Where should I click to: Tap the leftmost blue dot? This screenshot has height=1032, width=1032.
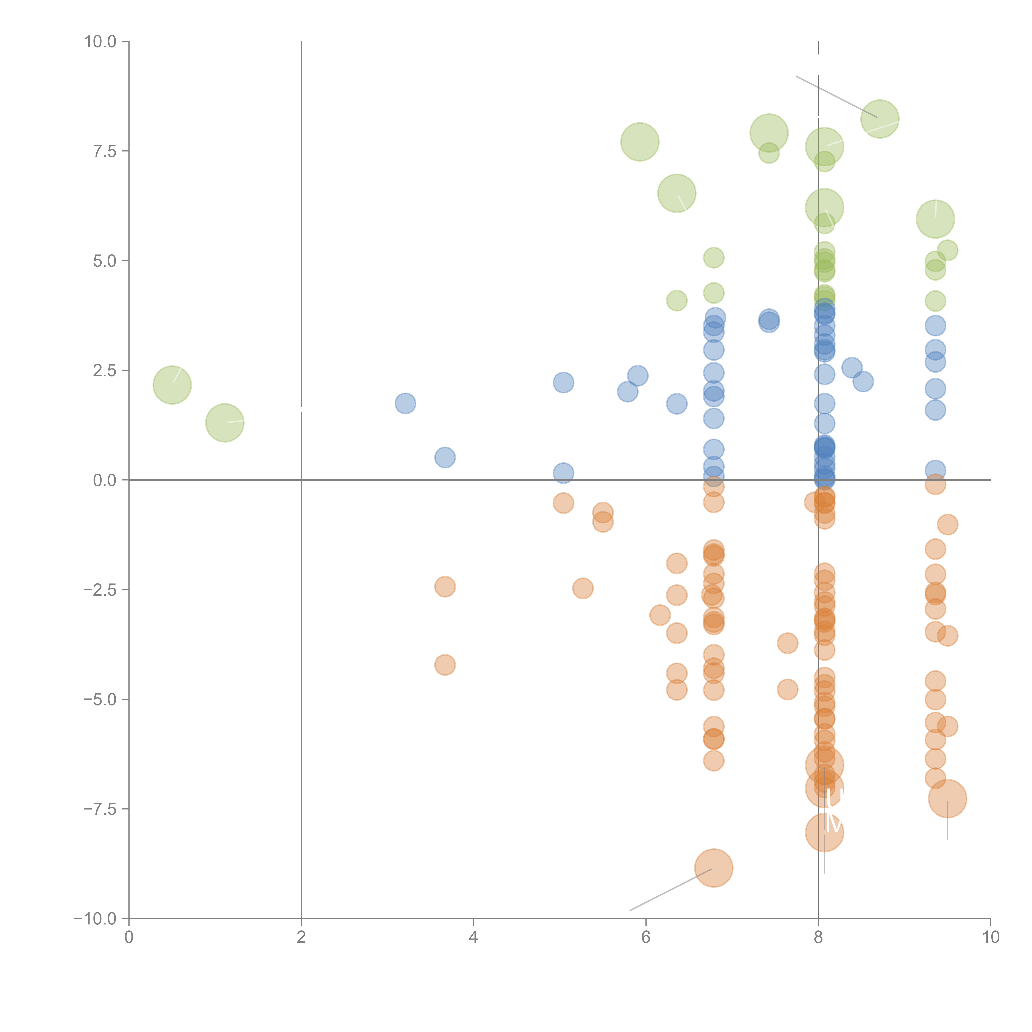coord(405,403)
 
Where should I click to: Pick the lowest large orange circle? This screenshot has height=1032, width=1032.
coord(714,868)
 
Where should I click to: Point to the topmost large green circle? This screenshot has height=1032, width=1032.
coord(880,119)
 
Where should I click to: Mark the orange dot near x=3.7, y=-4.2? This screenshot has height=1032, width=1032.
coord(445,665)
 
